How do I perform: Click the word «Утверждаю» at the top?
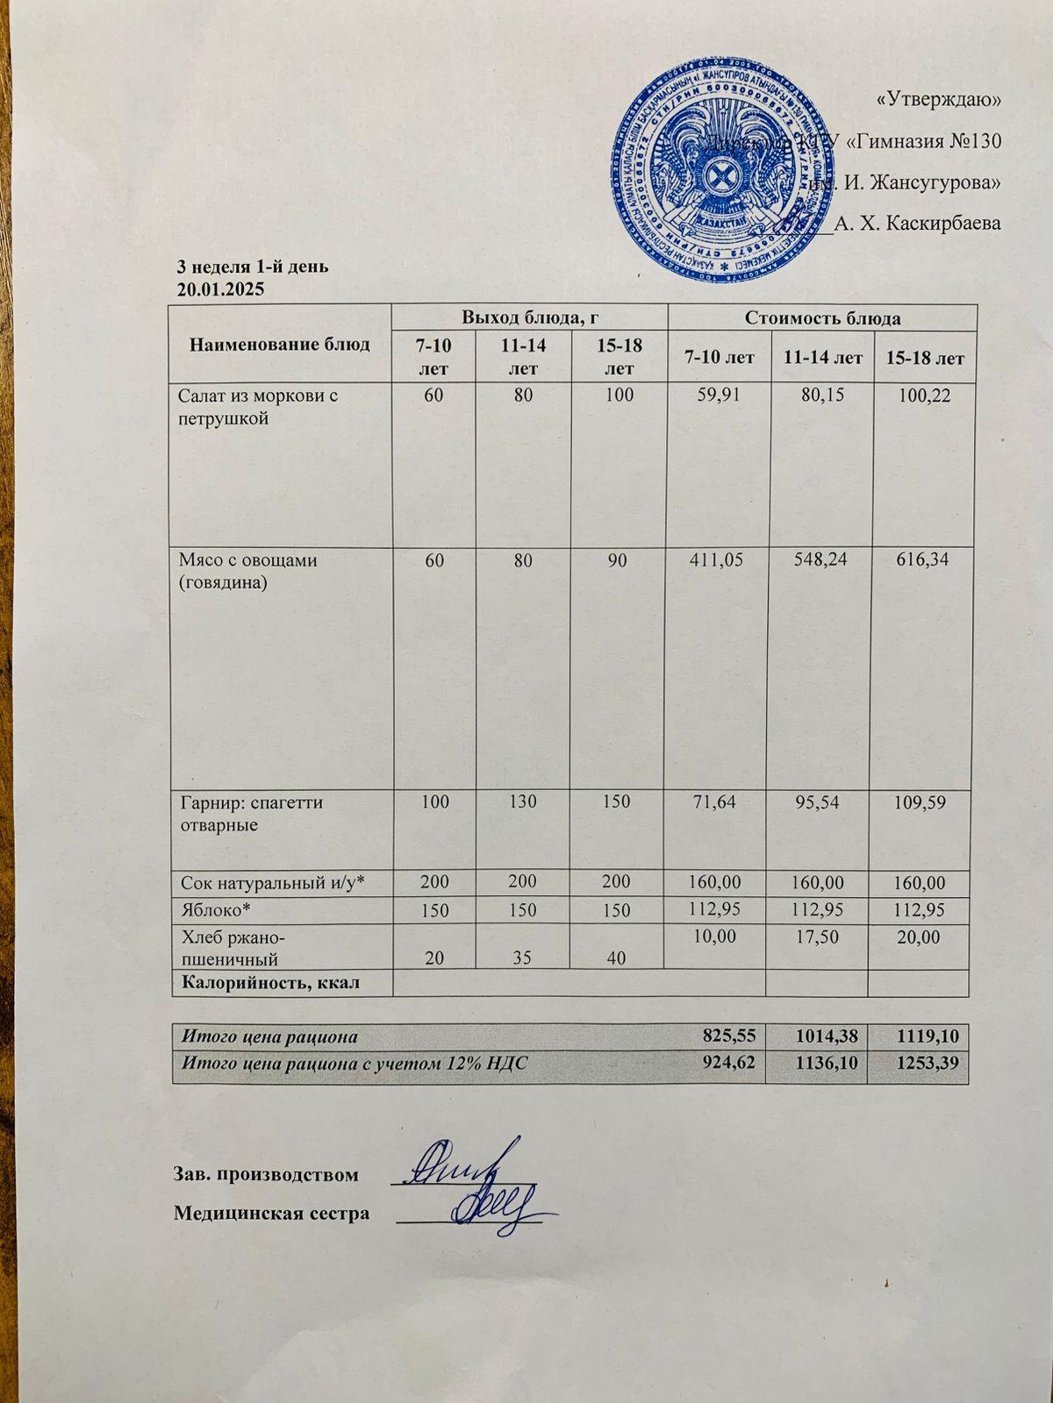939,99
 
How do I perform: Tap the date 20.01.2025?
220,288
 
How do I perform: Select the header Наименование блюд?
279,343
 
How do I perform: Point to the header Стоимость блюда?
822,317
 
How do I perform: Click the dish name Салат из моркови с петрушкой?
258,407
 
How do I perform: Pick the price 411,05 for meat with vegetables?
718,559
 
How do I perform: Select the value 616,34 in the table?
919,559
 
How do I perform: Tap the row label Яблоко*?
211,909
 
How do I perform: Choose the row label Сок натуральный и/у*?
271,883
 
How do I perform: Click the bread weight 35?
523,958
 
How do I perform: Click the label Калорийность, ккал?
270,983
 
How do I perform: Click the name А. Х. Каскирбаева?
918,224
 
